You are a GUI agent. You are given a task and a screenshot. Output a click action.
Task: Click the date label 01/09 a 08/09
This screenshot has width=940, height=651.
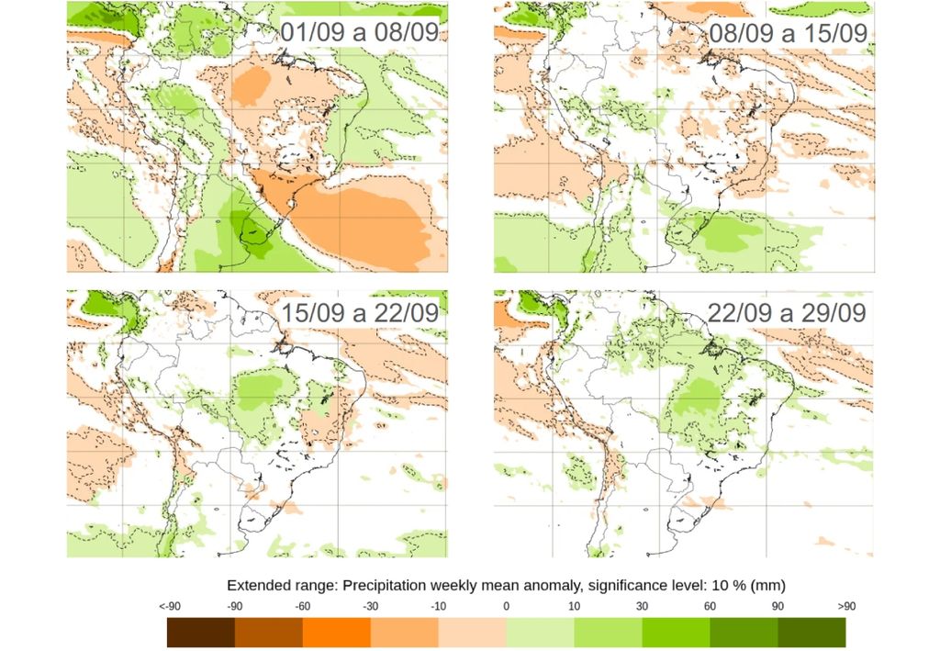(360, 33)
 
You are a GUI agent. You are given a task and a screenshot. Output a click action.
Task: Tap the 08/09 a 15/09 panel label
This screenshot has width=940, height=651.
(788, 33)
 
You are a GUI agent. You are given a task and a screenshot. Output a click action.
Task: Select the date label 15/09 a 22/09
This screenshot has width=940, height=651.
(360, 312)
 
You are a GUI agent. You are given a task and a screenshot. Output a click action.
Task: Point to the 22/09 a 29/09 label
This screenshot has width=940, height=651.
(788, 312)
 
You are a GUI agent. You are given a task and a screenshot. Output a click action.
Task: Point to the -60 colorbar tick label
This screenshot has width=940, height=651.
(303, 606)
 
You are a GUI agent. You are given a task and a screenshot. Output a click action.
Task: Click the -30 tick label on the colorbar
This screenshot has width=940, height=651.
(371, 606)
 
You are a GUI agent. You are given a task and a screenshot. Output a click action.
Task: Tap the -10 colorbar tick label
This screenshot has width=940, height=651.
(439, 606)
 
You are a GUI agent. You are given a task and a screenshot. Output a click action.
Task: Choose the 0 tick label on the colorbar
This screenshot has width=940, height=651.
(507, 606)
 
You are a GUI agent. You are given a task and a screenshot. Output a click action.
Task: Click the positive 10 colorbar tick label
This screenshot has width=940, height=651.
(575, 606)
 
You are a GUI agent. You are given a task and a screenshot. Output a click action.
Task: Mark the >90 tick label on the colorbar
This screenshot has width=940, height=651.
(845, 606)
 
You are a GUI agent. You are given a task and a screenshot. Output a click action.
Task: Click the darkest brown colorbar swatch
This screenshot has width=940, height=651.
(201, 633)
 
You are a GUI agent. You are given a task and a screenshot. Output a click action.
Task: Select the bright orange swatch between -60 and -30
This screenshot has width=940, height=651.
(337, 633)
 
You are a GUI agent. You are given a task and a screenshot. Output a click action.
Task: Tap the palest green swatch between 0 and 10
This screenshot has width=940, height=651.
(541, 633)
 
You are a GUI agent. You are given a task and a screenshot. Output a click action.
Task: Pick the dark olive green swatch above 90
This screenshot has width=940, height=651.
(811, 633)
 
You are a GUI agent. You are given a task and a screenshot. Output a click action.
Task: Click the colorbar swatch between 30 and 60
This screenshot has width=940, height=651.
(677, 633)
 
